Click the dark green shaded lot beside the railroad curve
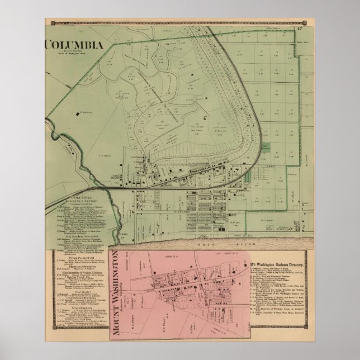(267, 146)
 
